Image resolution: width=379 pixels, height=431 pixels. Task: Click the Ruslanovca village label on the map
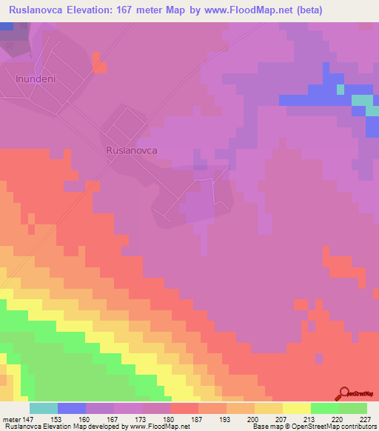(x=132, y=149)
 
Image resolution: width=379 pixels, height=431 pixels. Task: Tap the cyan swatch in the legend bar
(x=43, y=408)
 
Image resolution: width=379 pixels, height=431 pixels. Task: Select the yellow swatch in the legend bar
(x=297, y=408)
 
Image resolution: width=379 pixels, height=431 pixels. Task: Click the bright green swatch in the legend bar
(x=325, y=408)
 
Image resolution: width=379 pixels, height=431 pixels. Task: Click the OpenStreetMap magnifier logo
(x=342, y=393)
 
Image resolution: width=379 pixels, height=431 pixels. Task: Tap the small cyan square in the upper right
(x=341, y=90)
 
